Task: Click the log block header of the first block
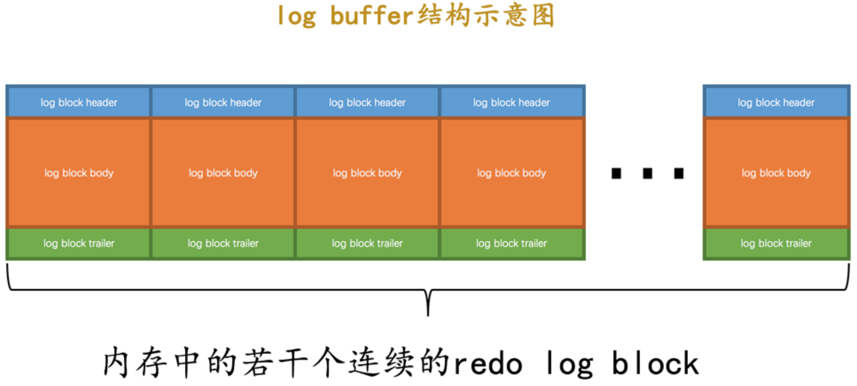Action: tap(78, 102)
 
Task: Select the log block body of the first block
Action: tap(78, 173)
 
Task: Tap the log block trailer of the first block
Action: tap(78, 243)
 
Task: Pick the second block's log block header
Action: tap(223, 102)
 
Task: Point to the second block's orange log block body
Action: tap(223, 173)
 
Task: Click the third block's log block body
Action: tap(367, 173)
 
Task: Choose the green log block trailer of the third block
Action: tap(367, 243)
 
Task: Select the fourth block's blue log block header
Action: tap(511, 102)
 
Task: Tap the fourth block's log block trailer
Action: tap(511, 243)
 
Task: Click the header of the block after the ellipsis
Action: tap(776, 102)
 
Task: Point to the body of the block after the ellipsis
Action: tap(776, 173)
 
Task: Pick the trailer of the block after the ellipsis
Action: tap(776, 243)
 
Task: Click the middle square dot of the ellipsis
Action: tap(647, 173)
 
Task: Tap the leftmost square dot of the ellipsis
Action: tap(616, 173)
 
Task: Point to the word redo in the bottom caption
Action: tap(488, 364)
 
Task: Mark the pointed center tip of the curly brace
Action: tap(428, 313)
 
